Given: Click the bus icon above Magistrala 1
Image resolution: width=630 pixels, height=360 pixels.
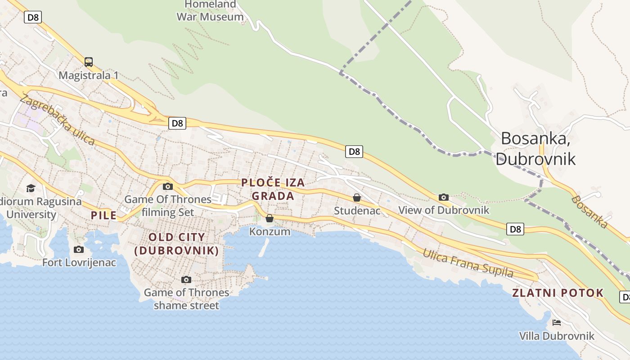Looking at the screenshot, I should click(89, 62).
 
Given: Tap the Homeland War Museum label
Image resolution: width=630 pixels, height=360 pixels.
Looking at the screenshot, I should click(210, 11).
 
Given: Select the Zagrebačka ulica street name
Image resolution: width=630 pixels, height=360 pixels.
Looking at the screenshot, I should click(58, 121).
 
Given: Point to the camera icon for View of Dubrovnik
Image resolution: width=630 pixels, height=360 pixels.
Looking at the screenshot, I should click(443, 197).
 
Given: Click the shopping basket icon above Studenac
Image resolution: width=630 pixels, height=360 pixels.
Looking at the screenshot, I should click(357, 198).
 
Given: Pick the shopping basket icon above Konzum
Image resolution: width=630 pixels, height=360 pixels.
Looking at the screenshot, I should click(270, 219).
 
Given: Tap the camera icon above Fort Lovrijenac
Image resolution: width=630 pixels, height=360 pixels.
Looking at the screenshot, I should click(79, 249).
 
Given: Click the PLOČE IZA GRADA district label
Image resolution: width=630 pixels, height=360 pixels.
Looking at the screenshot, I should click(273, 189).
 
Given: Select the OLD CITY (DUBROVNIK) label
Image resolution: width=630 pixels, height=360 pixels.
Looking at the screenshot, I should click(177, 244).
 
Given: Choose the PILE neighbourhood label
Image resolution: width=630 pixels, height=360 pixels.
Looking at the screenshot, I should click(104, 215).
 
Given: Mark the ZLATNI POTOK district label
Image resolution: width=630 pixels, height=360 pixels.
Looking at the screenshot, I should click(558, 293).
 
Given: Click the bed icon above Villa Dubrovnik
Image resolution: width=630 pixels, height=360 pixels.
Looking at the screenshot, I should click(557, 323).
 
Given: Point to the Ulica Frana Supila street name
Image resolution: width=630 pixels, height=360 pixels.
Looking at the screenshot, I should click(468, 263).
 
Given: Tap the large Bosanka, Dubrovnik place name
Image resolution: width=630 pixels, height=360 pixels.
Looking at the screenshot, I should click(535, 148).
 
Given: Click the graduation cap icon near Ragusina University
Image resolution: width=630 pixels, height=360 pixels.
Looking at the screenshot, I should click(31, 188).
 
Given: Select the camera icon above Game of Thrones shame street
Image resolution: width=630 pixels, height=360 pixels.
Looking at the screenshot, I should click(186, 279).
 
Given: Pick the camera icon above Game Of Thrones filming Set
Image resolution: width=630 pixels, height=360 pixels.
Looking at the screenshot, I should click(168, 186).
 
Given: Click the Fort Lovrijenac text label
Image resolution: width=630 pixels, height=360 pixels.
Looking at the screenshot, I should click(79, 262).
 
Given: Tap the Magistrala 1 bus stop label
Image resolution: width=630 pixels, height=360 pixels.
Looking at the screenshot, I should click(89, 75).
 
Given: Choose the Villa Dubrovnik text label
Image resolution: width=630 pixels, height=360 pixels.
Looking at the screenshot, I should click(557, 336).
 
